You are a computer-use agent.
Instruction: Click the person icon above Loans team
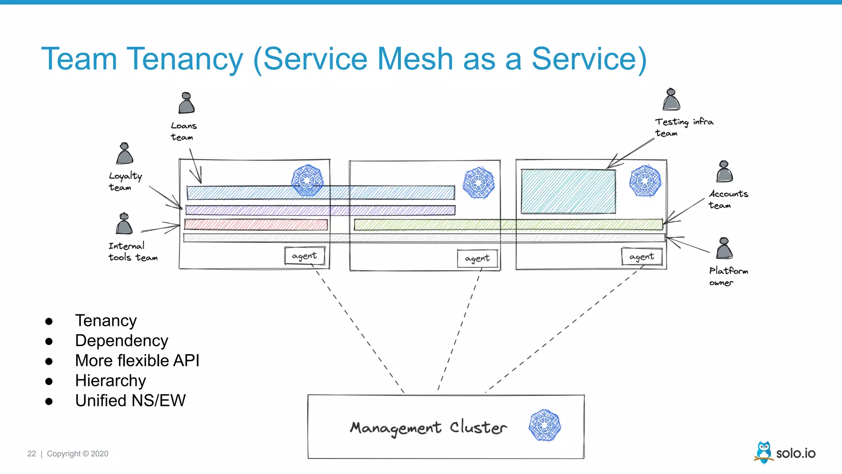pos(186,103)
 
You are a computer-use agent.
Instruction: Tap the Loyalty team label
pos(125,181)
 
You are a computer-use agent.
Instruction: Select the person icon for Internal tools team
pos(124,224)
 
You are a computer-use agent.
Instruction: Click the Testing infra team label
pos(683,127)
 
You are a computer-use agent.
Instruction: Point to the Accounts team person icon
pos(724,172)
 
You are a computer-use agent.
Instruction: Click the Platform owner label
pos(728,276)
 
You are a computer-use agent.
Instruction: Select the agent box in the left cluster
pos(305,256)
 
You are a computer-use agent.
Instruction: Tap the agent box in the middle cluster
pos(477,258)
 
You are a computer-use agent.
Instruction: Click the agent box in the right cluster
pos(641,257)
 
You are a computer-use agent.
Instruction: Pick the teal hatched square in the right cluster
pos(568,191)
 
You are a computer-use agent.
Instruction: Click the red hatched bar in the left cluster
pos(256,225)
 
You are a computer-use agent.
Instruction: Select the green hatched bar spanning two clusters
pos(508,225)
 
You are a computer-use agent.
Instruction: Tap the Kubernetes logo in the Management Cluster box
pos(545,425)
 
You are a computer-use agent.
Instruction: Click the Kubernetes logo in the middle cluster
pos(478,183)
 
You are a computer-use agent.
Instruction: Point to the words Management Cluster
pos(428,428)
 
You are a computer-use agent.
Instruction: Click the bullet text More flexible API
pos(137,360)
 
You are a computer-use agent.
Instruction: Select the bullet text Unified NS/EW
pos(130,400)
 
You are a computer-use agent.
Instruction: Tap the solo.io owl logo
pos(764,453)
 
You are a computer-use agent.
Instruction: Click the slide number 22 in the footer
pos(32,453)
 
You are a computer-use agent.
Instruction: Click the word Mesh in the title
pos(415,59)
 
